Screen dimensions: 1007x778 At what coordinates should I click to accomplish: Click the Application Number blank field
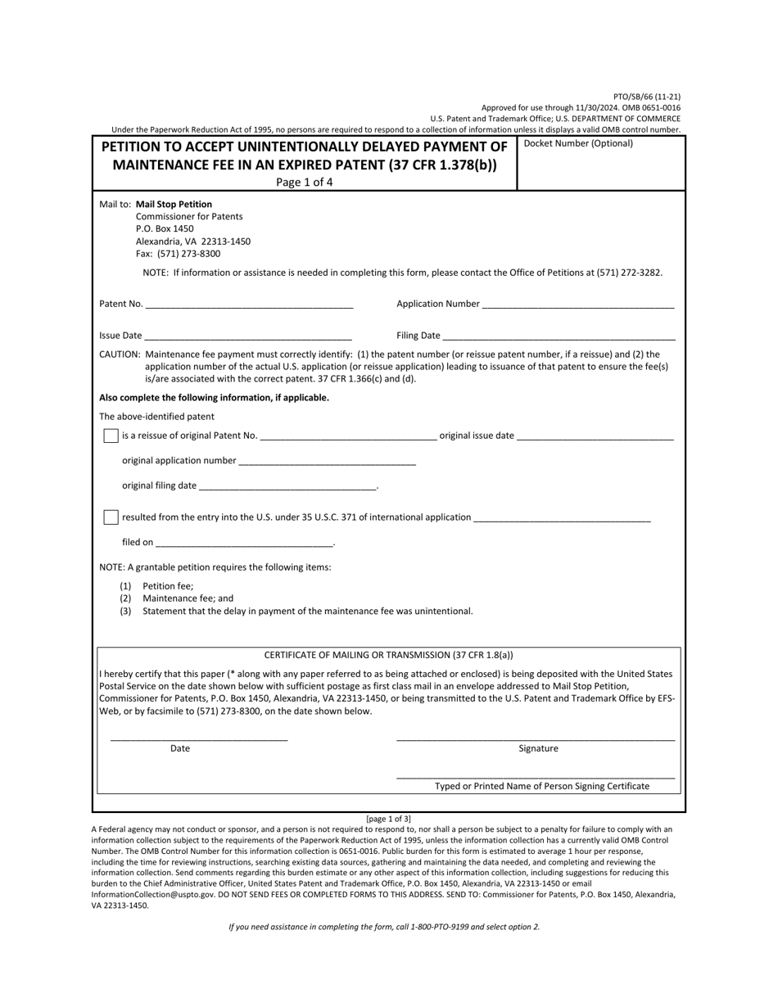click(578, 304)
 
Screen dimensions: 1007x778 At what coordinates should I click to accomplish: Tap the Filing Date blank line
click(559, 336)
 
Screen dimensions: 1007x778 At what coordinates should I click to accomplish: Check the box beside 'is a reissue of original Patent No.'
click(111, 436)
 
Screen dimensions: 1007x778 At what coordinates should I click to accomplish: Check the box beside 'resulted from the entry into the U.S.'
click(111, 517)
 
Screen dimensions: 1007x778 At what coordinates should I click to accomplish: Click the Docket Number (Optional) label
click(578, 144)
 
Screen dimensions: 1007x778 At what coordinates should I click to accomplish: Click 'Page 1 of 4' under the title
click(304, 182)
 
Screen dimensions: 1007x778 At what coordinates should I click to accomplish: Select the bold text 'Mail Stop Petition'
click(174, 205)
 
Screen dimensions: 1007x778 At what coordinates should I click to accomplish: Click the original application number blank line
click(327, 461)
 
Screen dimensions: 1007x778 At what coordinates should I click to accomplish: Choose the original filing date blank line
click(287, 485)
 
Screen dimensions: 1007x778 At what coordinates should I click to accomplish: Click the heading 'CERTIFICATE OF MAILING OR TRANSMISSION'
click(388, 655)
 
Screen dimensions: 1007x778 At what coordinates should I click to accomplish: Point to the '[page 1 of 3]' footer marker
click(388, 819)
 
